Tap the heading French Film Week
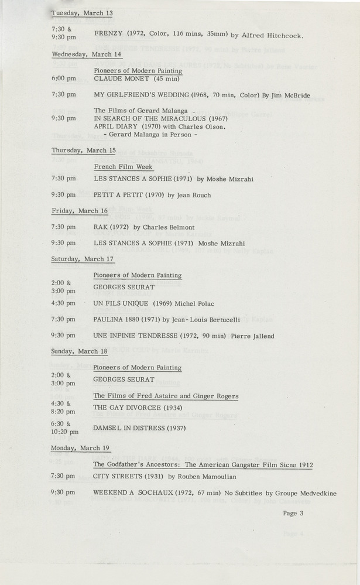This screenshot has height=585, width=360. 124,166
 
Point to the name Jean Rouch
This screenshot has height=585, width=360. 190,195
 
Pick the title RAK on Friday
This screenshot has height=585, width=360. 101,227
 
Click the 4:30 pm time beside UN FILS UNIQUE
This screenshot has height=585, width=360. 63,303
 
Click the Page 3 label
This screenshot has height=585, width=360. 293,514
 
